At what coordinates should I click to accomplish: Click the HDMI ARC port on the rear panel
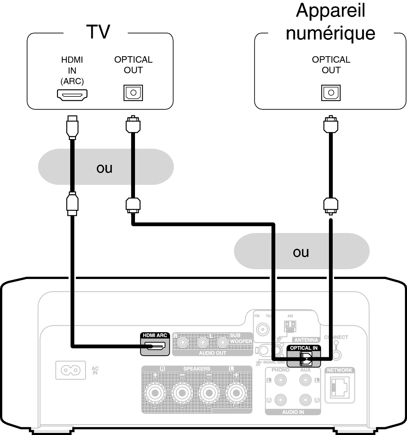pyautogui.click(x=155, y=346)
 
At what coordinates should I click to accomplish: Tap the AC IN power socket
pyautogui.click(x=71, y=370)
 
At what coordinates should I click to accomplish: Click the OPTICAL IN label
pyautogui.click(x=303, y=348)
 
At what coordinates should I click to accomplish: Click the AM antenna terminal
pyautogui.click(x=290, y=326)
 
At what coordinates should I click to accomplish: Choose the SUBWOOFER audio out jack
pyautogui.click(x=223, y=342)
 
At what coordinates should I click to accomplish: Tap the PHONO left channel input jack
pyautogui.click(x=280, y=380)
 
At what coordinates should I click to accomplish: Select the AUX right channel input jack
pyautogui.click(x=305, y=400)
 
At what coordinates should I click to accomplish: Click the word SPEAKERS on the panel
pyautogui.click(x=197, y=369)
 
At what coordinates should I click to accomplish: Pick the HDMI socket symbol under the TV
pyautogui.click(x=72, y=94)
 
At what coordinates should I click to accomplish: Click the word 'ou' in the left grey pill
pyautogui.click(x=104, y=168)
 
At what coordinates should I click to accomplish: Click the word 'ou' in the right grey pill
pyautogui.click(x=301, y=252)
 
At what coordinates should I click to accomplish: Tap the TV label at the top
pyautogui.click(x=101, y=31)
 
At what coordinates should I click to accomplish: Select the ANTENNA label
pyautogui.click(x=306, y=340)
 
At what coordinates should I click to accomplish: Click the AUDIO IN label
pyautogui.click(x=293, y=412)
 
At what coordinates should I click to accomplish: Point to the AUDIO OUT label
pyautogui.click(x=212, y=353)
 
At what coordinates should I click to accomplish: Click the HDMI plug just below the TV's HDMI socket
pyautogui.click(x=72, y=127)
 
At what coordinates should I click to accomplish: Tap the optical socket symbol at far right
pyautogui.click(x=331, y=93)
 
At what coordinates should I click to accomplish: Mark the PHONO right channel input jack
pyautogui.click(x=280, y=400)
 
